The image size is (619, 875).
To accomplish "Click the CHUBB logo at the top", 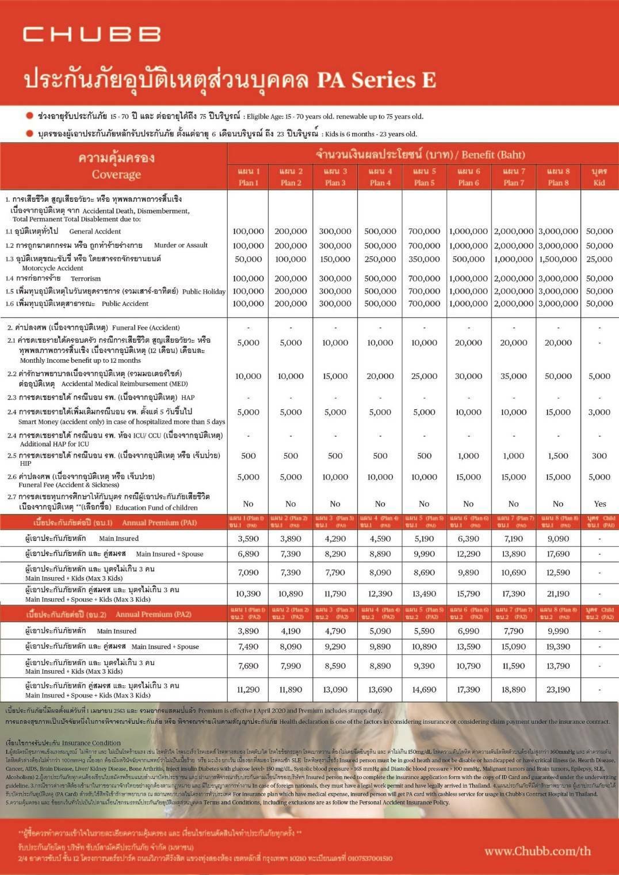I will (x=92, y=34).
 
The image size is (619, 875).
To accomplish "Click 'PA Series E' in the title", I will (x=376, y=80).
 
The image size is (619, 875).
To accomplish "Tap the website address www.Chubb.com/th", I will (x=537, y=851).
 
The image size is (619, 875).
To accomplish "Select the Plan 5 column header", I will (x=424, y=177).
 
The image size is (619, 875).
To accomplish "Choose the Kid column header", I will (x=599, y=177).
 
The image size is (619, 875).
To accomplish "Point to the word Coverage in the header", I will (x=116, y=174).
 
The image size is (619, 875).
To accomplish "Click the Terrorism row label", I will (x=86, y=278).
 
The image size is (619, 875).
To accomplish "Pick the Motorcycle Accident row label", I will (x=52, y=268).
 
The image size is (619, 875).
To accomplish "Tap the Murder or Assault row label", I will (x=181, y=245).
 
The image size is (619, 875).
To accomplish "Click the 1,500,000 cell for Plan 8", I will (x=558, y=259).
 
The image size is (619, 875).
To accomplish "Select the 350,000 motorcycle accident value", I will (x=424, y=259).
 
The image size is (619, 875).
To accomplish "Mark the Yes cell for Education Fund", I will (x=599, y=504).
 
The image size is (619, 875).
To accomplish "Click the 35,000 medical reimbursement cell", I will (x=513, y=376).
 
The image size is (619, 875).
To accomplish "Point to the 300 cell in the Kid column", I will (x=599, y=455).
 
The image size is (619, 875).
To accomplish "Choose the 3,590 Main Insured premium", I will (x=248, y=539).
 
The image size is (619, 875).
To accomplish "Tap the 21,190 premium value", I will (x=558, y=594).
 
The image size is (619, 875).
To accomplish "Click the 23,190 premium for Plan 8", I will (x=558, y=689).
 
